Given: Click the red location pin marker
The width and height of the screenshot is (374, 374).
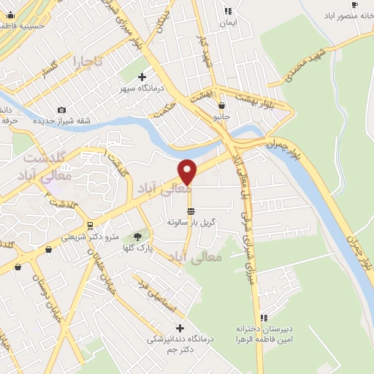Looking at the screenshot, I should [188, 171].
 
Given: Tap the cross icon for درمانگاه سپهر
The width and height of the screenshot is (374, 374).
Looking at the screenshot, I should [142, 77].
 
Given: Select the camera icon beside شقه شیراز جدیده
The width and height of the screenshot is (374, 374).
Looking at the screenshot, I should [61, 110].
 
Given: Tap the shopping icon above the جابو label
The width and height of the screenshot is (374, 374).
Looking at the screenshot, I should [221, 105].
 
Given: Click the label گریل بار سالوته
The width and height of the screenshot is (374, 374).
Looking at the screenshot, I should [190, 221].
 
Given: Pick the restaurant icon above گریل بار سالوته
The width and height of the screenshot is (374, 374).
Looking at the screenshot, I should [191, 211].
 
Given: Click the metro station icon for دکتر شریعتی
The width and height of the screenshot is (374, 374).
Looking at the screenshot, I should [89, 225].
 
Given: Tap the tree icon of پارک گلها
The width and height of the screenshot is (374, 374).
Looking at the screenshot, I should [137, 236].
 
